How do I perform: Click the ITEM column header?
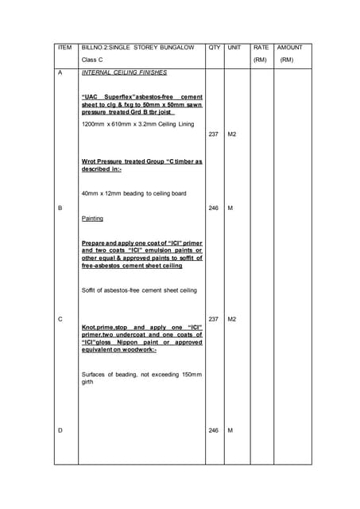(65, 48)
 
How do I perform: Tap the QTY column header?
(214, 48)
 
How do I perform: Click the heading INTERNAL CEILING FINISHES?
(124, 72)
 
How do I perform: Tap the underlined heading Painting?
(93, 218)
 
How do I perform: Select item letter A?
(61, 72)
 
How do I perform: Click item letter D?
(61, 430)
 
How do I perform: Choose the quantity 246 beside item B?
(214, 208)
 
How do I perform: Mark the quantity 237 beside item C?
(214, 319)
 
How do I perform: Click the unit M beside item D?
(230, 430)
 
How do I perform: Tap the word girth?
(88, 382)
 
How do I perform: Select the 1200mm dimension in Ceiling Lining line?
(95, 124)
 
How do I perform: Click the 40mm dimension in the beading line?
(91, 193)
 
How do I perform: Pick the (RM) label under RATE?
(260, 60)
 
